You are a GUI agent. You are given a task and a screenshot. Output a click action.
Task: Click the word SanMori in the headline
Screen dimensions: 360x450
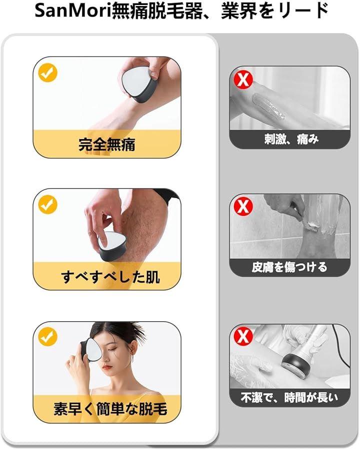(73, 12)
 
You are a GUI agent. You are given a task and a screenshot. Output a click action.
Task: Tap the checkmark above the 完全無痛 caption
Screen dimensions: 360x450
(47, 73)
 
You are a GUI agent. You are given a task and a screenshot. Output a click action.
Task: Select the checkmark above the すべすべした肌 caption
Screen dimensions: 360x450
(47, 204)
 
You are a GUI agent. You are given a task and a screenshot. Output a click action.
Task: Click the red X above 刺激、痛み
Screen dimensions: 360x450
(243, 79)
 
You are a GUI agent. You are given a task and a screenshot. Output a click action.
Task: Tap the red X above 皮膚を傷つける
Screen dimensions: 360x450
(243, 207)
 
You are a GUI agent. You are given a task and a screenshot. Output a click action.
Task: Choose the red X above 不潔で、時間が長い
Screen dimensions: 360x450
(243, 336)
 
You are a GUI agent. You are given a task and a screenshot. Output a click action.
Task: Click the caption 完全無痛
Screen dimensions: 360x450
(107, 144)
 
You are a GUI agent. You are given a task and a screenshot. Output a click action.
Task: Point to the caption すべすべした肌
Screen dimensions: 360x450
(110, 277)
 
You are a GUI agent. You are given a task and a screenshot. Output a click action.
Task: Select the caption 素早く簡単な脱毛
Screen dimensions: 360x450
(110, 408)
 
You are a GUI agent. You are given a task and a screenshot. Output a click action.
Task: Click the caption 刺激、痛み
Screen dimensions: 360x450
(291, 140)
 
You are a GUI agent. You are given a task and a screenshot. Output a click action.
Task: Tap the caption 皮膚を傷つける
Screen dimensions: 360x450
(289, 267)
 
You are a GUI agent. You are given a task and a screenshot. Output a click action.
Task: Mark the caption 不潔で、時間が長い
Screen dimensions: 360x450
(289, 397)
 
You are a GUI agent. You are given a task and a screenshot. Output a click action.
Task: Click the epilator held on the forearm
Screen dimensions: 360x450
(139, 85)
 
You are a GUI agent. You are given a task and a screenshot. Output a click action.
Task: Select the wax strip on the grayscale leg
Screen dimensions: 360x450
(268, 107)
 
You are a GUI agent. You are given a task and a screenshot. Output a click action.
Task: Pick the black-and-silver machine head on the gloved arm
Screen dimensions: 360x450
(295, 364)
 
